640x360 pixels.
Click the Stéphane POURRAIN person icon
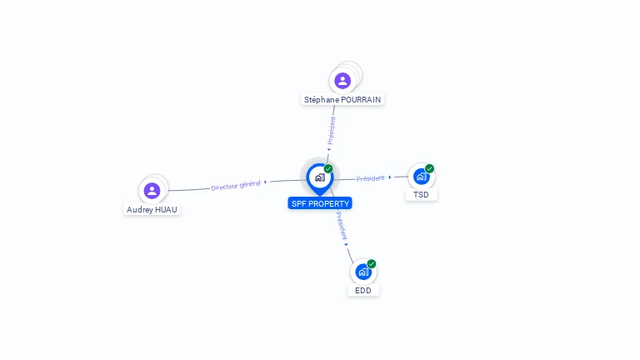pyautogui.click(x=342, y=81)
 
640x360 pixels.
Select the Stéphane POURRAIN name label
pyautogui.click(x=342, y=99)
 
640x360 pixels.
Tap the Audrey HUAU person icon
pyautogui.click(x=152, y=191)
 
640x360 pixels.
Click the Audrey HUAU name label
pyautogui.click(x=152, y=210)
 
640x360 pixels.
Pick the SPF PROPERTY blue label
pyautogui.click(x=320, y=203)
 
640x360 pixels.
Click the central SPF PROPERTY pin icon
pyautogui.click(x=319, y=177)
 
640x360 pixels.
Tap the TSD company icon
pyautogui.click(x=422, y=177)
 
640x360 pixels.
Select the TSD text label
pyautogui.click(x=422, y=195)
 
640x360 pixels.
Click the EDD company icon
pyautogui.click(x=363, y=272)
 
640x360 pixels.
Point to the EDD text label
pyautogui.click(x=363, y=291)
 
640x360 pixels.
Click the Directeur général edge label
pyautogui.click(x=236, y=185)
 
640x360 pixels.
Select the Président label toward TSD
pyautogui.click(x=371, y=178)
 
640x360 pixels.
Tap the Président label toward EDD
pyautogui.click(x=342, y=225)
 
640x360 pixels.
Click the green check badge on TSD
pyautogui.click(x=430, y=168)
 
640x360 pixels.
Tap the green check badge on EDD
pyautogui.click(x=372, y=263)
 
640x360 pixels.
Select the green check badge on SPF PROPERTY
pyautogui.click(x=328, y=168)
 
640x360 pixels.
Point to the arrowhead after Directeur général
pyautogui.click(x=266, y=182)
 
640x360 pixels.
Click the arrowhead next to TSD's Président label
pyautogui.click(x=390, y=177)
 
